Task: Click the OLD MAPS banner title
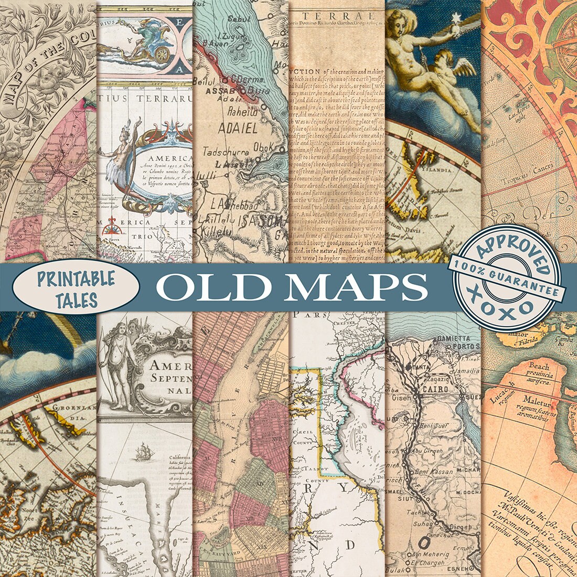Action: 291,287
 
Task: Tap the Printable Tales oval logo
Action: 76,289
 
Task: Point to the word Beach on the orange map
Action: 538,366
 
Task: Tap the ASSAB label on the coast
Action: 208,90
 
